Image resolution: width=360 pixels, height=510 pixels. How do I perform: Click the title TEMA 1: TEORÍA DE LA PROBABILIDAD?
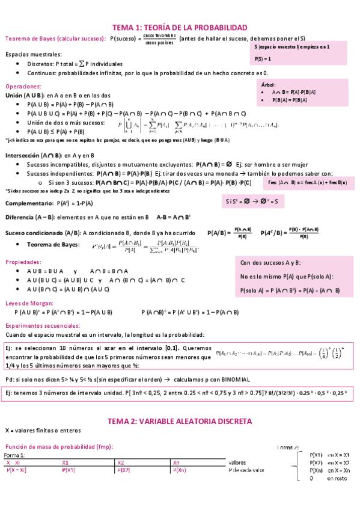[x=180, y=28]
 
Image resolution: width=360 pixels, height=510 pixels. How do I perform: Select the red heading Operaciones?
[x=22, y=87]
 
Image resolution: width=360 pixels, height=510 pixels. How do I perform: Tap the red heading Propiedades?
[x=23, y=262]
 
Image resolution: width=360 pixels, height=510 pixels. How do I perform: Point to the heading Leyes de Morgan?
[x=29, y=304]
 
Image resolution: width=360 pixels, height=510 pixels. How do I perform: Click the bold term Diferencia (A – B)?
[x=34, y=217]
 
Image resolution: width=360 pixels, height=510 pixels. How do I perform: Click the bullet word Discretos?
[x=40, y=63]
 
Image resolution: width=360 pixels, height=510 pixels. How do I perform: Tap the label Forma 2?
[x=288, y=447]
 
